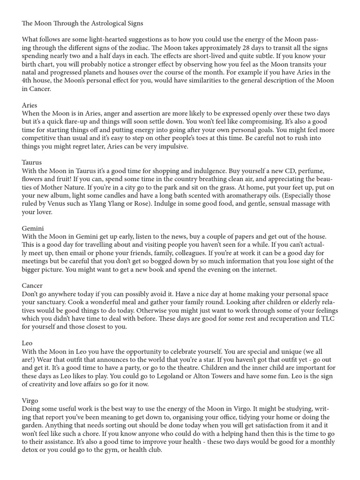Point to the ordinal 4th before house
(28, 81)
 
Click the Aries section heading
(29, 105)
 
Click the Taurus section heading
(32, 163)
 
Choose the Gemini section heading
(33, 228)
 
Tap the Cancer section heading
(32, 285)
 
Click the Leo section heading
(27, 343)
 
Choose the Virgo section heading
(30, 401)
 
